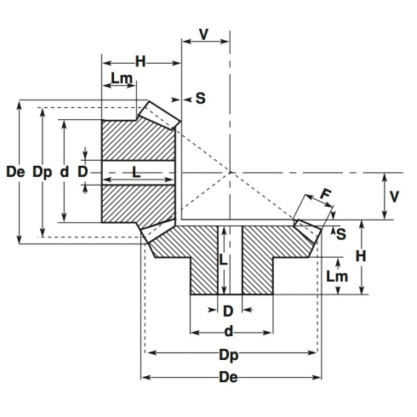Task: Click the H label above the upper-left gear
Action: [141, 61]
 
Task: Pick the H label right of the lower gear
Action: [360, 255]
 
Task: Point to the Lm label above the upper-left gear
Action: [122, 79]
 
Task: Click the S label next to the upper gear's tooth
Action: [200, 98]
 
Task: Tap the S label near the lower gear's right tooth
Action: [340, 232]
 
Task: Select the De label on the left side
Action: [14, 171]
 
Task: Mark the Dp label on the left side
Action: [42, 171]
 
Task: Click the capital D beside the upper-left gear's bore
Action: [83, 171]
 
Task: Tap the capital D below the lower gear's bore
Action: [227, 311]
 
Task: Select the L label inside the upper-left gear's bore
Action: [135, 172]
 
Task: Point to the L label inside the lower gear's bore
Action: [222, 261]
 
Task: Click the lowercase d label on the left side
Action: [65, 171]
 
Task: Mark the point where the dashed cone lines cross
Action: [230, 172]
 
